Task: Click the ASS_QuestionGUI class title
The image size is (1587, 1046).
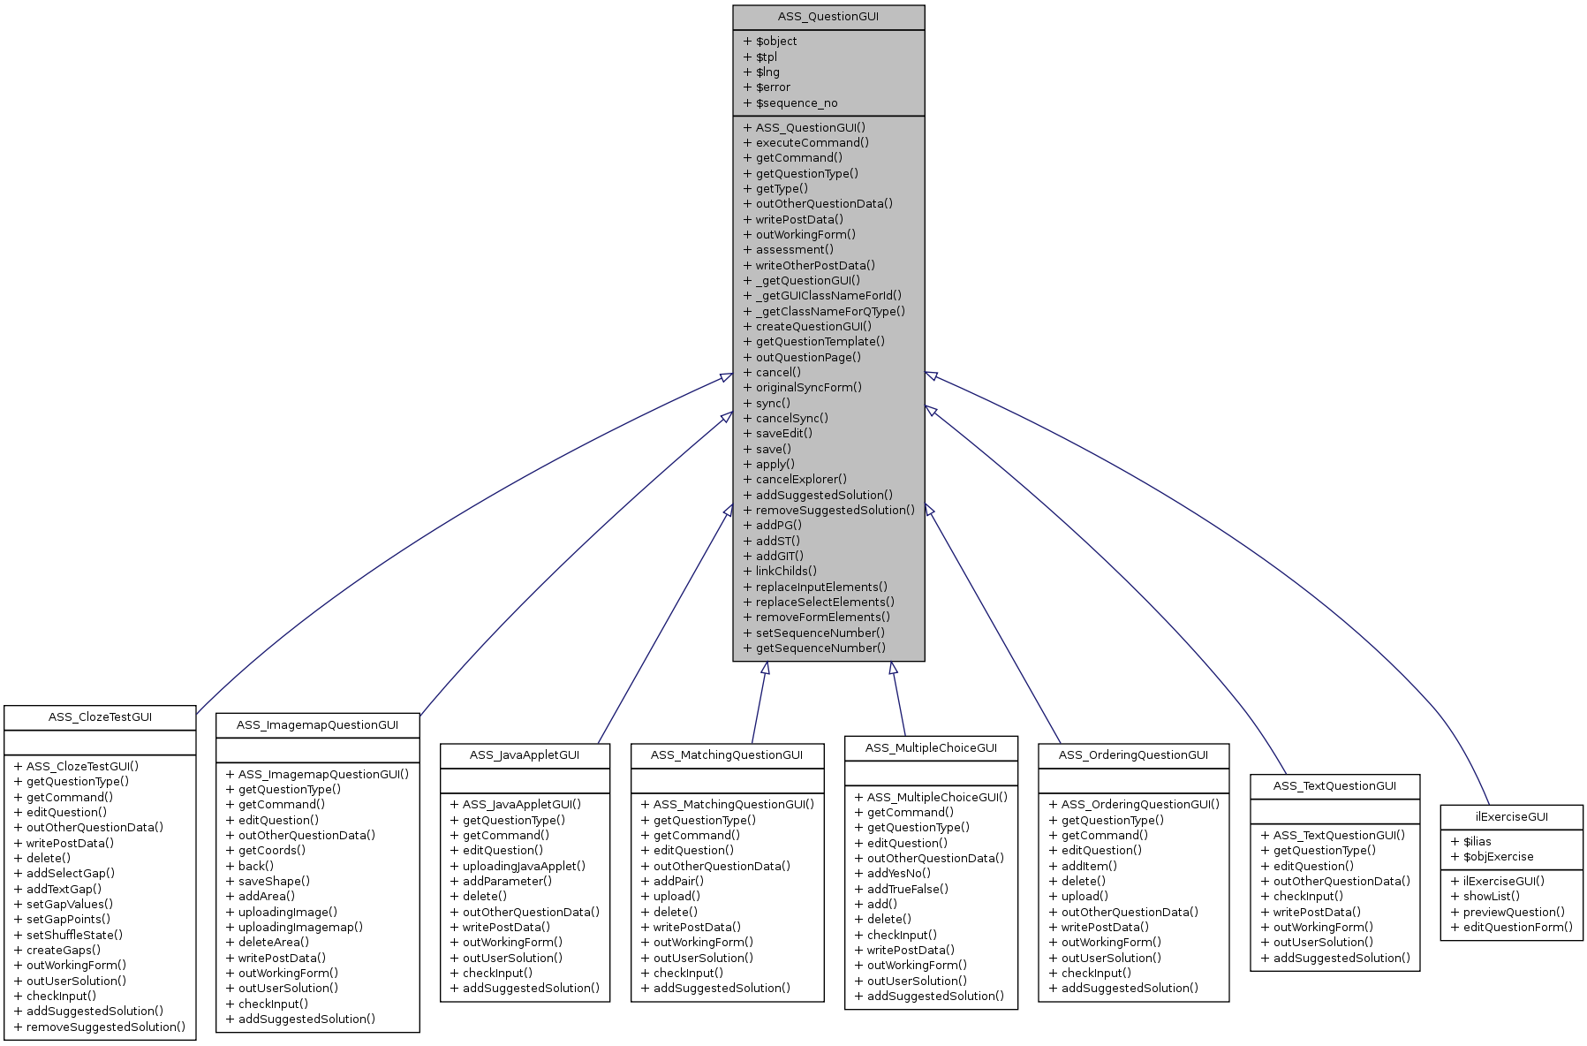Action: (828, 17)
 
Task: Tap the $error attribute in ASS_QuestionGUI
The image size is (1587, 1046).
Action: (773, 87)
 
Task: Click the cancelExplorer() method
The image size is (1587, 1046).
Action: (800, 480)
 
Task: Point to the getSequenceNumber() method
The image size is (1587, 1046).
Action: (820, 648)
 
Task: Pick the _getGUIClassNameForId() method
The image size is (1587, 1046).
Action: (828, 296)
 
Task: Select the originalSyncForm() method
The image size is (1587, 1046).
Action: (808, 388)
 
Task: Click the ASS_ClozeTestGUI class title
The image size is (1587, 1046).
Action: (100, 717)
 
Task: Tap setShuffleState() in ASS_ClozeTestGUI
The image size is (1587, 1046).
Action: (74, 936)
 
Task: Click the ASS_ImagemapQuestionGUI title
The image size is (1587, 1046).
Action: (317, 725)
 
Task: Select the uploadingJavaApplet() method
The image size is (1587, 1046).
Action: (524, 867)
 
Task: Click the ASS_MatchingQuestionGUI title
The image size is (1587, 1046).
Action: (726, 755)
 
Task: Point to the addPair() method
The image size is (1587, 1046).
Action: (678, 882)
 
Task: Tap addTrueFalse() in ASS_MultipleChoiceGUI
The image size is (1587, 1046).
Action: (907, 890)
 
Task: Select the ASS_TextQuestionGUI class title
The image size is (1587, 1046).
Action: (1334, 786)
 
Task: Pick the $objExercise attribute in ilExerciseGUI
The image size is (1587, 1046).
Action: (1498, 857)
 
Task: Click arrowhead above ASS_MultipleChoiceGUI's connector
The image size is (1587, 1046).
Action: (894, 669)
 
